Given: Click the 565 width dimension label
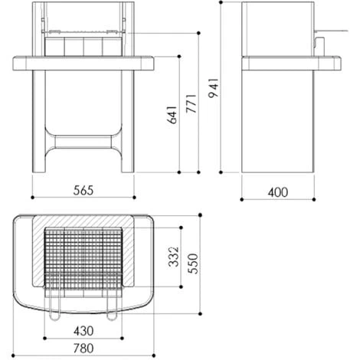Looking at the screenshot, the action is tap(83, 191).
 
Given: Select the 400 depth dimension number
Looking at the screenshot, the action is tap(278, 192).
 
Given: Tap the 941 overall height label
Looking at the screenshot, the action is tap(214, 88).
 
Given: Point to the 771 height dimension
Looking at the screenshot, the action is tap(191, 103).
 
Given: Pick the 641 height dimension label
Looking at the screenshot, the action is tap(172, 115).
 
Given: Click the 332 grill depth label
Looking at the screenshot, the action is tap(174, 257).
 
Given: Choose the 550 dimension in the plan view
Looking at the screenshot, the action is tap(192, 263).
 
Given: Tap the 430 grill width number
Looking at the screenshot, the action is tap(83, 332).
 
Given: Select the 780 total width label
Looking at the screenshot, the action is tap(83, 349).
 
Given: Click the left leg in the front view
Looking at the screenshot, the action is tap(39, 121).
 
